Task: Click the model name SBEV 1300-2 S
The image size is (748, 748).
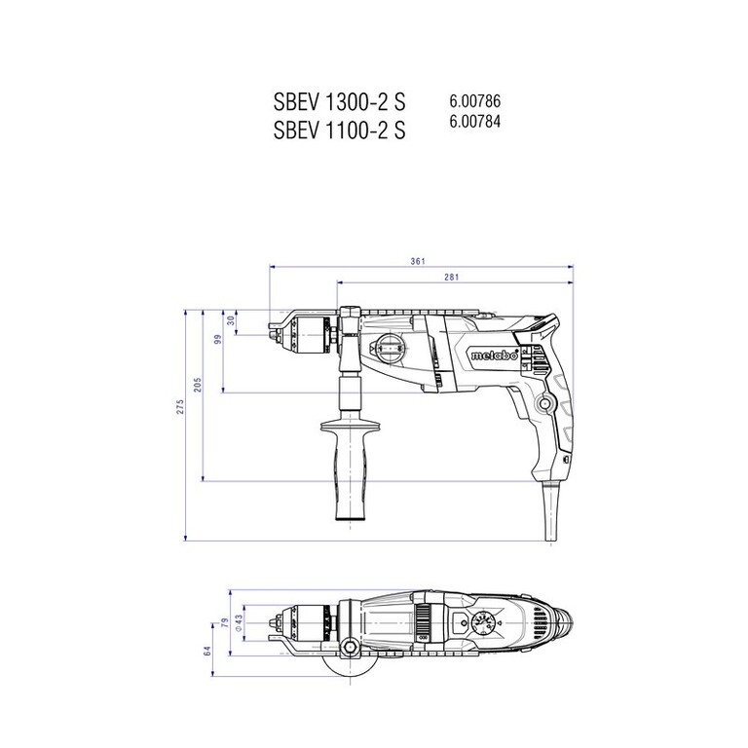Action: click(339, 101)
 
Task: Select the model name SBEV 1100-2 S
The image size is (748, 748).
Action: click(339, 130)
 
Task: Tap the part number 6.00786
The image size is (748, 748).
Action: click(474, 101)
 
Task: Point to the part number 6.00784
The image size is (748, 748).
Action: click(474, 122)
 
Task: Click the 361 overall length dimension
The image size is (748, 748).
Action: click(418, 261)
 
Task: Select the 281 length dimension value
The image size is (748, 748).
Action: click(451, 277)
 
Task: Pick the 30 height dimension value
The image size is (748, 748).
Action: click(232, 320)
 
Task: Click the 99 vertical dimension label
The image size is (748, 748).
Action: click(218, 340)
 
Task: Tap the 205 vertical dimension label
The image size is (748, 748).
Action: click(198, 385)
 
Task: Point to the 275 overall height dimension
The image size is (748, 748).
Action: click(180, 407)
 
